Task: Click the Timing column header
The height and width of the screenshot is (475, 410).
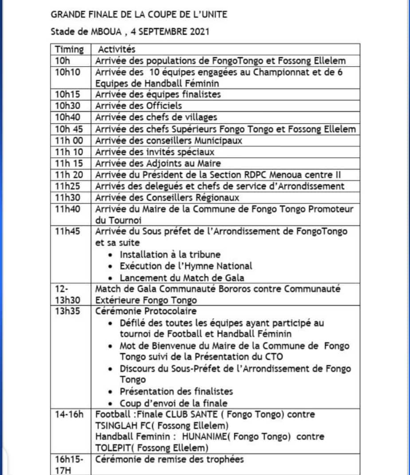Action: (x=69, y=50)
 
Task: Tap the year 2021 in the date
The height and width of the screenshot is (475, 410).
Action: (x=196, y=32)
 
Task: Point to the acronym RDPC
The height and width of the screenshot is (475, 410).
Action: (x=242, y=174)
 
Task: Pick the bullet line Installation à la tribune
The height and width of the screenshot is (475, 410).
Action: (x=170, y=254)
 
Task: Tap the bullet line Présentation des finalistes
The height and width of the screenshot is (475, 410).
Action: (x=176, y=391)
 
